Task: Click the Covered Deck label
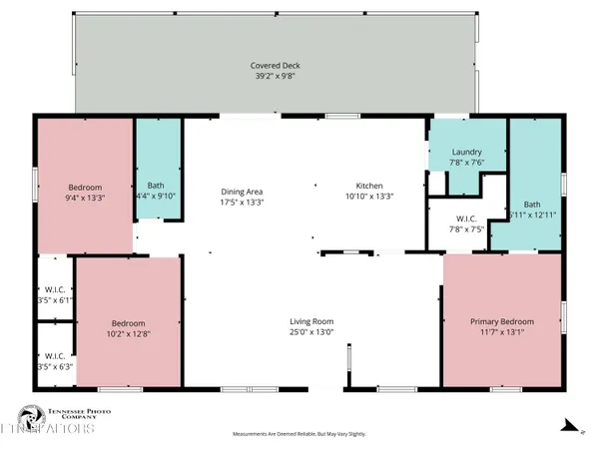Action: [275, 66]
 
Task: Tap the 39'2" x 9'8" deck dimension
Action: [275, 76]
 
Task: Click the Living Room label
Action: [311, 321]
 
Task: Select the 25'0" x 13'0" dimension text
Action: [311, 332]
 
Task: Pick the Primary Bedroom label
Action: [501, 321]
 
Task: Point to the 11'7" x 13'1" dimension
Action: [501, 332]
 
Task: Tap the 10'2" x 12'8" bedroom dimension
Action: [128, 335]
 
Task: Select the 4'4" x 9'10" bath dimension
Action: [157, 197]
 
